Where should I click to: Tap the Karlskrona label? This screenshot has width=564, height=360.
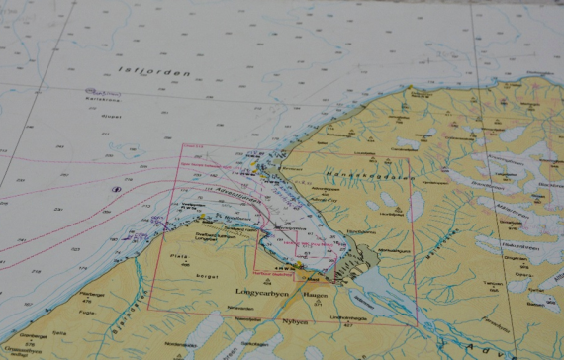pyautogui.click(x=101, y=100)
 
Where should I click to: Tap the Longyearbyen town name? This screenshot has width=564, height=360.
pyautogui.click(x=260, y=293)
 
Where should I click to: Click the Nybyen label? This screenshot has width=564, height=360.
pyautogui.click(x=296, y=322)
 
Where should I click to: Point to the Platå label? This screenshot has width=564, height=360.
pyautogui.click(x=179, y=256)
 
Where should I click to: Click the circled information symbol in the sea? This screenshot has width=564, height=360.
pyautogui.click(x=116, y=188)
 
